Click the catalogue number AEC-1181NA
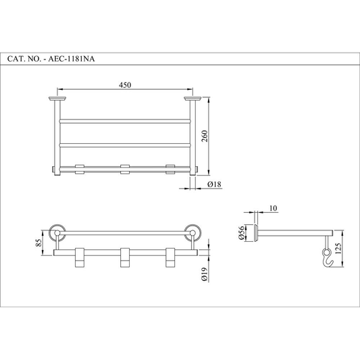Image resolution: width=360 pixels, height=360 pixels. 75,59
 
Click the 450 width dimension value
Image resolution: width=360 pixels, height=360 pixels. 125,84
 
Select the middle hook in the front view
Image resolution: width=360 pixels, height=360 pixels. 124,257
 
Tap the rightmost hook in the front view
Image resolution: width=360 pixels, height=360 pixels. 170,257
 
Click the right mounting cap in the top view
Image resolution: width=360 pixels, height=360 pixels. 194,99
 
